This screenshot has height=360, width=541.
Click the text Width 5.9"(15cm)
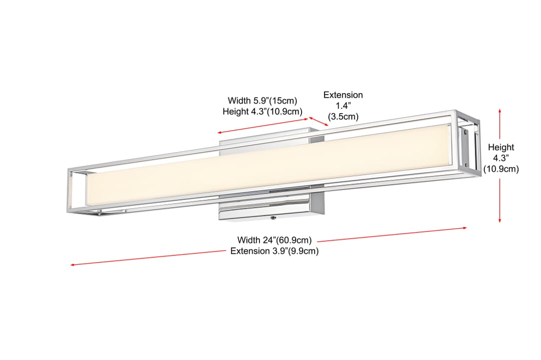(262, 101)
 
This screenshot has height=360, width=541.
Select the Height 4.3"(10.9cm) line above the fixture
(262, 111)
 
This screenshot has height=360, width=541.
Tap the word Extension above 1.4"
(343, 95)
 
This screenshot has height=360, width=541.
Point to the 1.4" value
(343, 106)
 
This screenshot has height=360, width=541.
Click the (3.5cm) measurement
(343, 117)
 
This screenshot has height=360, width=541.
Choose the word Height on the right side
(501, 147)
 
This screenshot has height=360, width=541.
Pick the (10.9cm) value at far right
(501, 169)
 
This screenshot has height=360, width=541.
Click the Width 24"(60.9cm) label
(275, 240)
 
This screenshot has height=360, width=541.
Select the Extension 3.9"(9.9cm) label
(275, 251)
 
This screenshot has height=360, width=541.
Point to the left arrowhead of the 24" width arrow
(71, 265)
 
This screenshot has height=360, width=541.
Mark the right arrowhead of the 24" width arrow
(466, 228)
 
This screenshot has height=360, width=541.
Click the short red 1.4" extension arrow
(319, 121)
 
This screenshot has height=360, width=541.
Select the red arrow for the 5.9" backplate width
(262, 126)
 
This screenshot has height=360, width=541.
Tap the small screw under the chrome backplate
(274, 218)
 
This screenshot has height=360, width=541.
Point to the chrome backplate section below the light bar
(271, 206)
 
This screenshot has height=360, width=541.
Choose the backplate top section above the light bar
(271, 139)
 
